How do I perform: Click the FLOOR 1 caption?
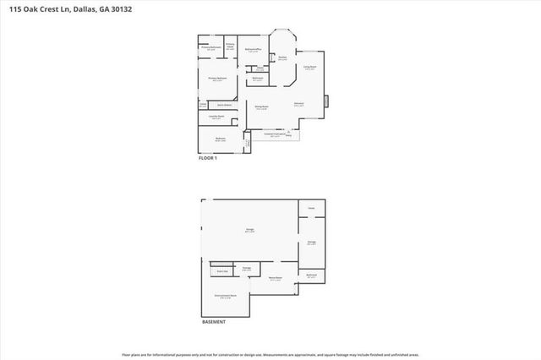(x=208, y=158)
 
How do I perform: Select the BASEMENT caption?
(x=213, y=322)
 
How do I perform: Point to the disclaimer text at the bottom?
(x=270, y=355)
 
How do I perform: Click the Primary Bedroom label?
(x=217, y=79)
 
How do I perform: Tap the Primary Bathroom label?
(x=210, y=48)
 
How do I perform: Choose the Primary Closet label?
(x=230, y=46)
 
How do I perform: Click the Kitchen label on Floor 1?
(x=282, y=57)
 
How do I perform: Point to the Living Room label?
(x=309, y=68)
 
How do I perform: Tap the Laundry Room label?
(x=216, y=117)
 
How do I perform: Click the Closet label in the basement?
(x=311, y=207)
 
